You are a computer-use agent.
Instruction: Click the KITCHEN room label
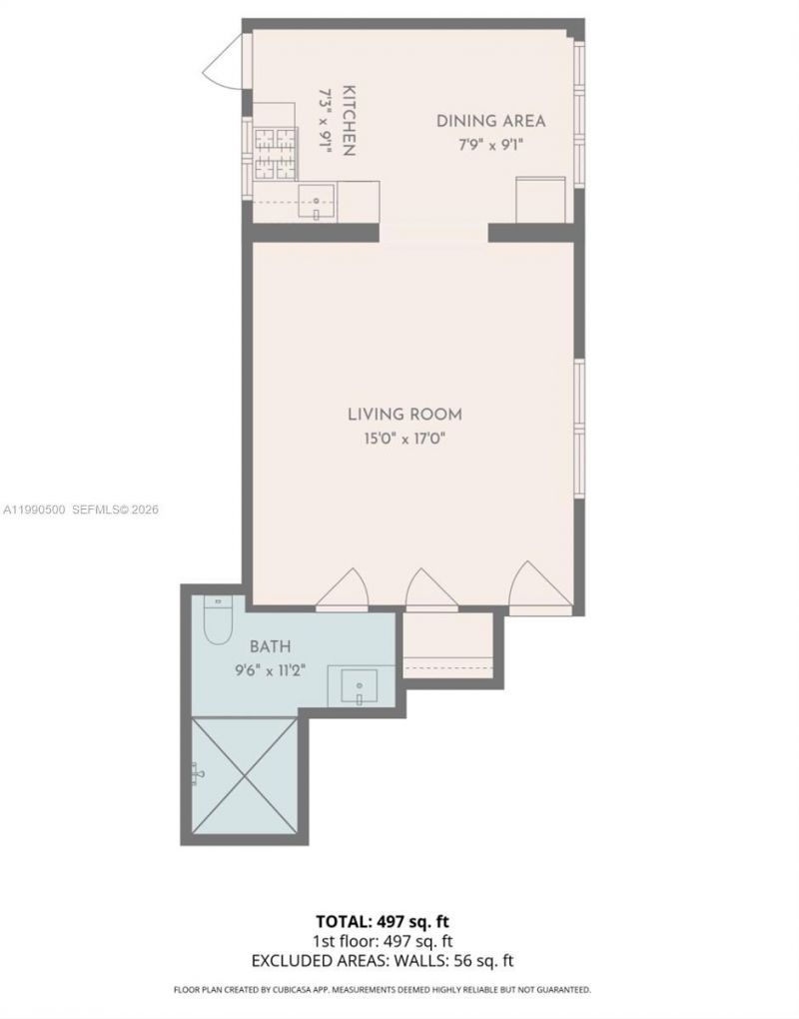(349, 120)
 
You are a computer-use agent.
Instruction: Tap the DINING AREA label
(490, 121)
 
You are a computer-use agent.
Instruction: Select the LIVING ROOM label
(404, 414)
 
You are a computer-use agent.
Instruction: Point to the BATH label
(270, 646)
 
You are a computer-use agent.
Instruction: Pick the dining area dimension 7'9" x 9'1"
(490, 145)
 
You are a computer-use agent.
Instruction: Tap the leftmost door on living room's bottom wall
(343, 589)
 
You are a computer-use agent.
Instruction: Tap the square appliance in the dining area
(540, 200)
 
